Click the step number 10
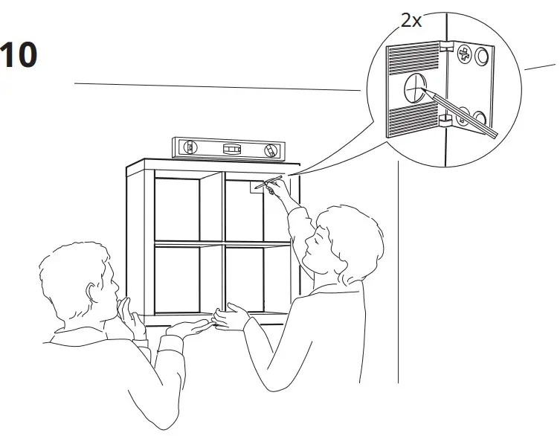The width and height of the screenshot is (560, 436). (18, 57)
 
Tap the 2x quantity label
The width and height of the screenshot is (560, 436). (411, 20)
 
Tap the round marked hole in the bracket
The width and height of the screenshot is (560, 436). (413, 91)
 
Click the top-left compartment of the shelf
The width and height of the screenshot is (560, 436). (177, 208)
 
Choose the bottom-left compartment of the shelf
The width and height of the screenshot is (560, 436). (177, 280)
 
